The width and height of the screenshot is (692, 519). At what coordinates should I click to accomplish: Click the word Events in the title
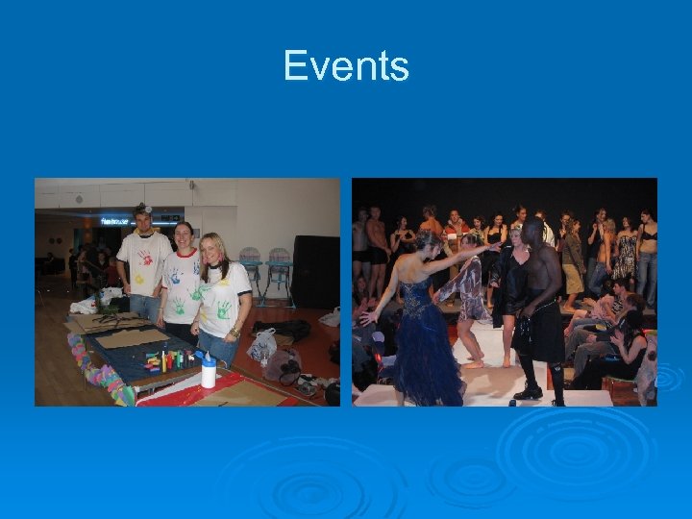pyautogui.click(x=346, y=66)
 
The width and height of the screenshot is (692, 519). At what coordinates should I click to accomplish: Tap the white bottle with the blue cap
pyautogui.click(x=208, y=370)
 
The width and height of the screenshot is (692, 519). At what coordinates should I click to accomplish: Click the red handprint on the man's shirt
pyautogui.click(x=145, y=258)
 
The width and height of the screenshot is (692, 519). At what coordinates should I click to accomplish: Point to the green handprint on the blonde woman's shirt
pyautogui.click(x=222, y=309)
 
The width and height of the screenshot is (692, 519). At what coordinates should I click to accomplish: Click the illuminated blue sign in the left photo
pyautogui.click(x=116, y=221)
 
